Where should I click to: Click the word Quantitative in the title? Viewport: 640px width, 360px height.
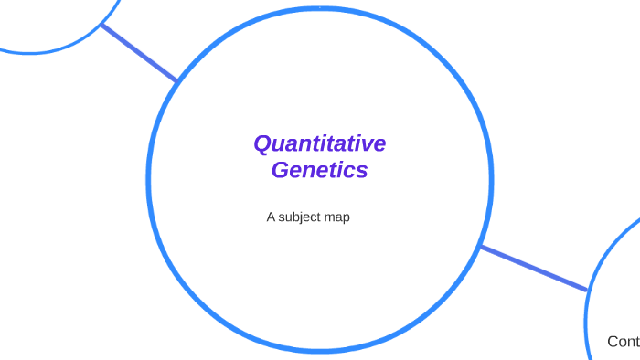click(319, 144)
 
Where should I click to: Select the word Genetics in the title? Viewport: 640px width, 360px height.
click(319, 170)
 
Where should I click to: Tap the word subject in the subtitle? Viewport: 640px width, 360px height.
click(303, 217)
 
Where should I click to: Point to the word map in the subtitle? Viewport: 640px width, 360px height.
click(338, 217)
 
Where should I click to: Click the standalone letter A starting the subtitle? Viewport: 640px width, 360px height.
click(271, 217)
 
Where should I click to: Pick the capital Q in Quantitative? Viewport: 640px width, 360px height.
click(262, 144)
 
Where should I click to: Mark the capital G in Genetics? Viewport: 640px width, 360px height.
click(280, 170)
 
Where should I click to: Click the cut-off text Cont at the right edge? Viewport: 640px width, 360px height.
click(624, 342)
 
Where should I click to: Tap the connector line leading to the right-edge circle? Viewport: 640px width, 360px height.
click(533, 268)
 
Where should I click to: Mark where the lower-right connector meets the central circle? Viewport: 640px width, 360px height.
click(481, 246)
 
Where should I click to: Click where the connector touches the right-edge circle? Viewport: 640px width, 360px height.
click(586, 291)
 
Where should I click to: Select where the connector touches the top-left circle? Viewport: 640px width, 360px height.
click(102, 26)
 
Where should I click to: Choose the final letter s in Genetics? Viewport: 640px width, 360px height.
click(362, 171)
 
